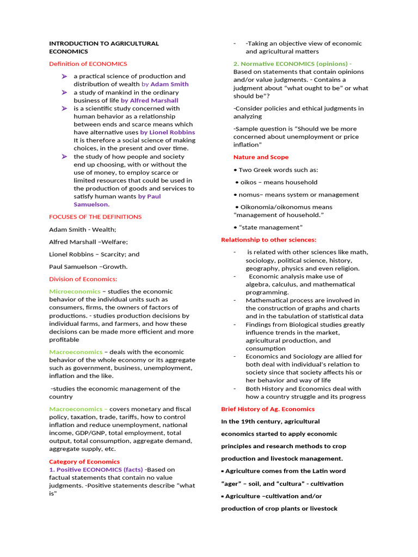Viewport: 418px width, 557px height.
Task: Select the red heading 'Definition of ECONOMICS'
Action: pyautogui.click(x=88, y=64)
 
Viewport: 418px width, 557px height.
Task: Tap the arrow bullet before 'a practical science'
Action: pyautogui.click(x=64, y=76)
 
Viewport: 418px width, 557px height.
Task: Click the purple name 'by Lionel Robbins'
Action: pyautogui.click(x=168, y=132)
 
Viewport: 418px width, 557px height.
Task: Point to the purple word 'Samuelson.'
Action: pyautogui.click(x=91, y=205)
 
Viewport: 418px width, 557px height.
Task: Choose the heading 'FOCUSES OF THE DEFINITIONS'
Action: pyautogui.click(x=95, y=216)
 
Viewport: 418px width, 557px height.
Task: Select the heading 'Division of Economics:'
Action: pyautogui.click(x=83, y=279)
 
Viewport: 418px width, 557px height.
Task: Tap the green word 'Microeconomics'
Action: pyautogui.click(x=75, y=291)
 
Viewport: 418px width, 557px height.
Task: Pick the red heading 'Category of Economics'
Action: pyautogui.click(x=84, y=461)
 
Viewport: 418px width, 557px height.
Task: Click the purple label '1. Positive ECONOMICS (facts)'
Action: pyautogui.click(x=96, y=469)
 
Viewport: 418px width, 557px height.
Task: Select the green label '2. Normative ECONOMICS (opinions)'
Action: pyautogui.click(x=291, y=64)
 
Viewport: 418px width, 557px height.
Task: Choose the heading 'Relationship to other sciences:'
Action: pyautogui.click(x=268, y=239)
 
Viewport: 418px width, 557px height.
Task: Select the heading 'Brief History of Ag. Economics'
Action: pyautogui.click(x=267, y=409)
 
